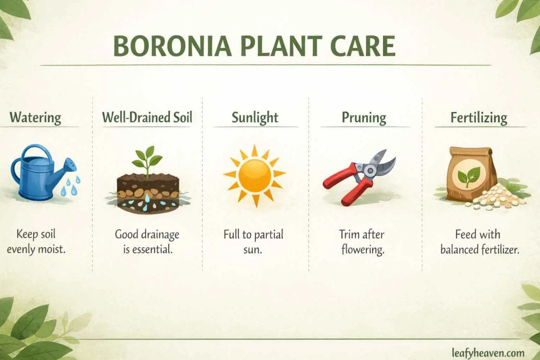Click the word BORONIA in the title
[172, 46]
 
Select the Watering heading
[35, 117]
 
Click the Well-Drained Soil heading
[147, 117]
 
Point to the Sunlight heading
[255, 117]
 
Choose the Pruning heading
[364, 117]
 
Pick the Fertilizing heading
[479, 117]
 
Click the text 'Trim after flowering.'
[362, 242]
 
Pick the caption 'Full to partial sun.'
[253, 242]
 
